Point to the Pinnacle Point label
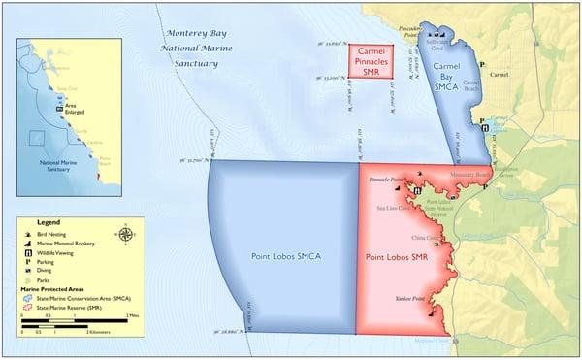pos(387,180)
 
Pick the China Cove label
pos(425,236)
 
